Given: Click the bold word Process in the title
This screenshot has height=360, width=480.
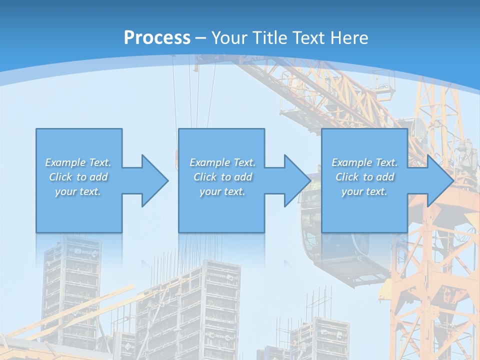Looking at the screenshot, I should [157, 37].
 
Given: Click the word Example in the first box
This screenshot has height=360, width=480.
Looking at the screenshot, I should [65, 162].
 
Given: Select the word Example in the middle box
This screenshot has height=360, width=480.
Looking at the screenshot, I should [209, 162].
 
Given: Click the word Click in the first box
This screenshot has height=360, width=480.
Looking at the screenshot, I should [60, 177].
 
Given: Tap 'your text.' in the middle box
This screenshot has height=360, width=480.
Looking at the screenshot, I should [222, 191].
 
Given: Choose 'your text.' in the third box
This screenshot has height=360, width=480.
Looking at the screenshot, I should [364, 191].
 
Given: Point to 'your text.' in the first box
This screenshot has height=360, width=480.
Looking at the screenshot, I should [78, 191].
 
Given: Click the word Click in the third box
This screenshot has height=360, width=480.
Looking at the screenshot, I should [347, 177].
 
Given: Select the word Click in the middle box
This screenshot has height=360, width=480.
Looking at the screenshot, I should [205, 177].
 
